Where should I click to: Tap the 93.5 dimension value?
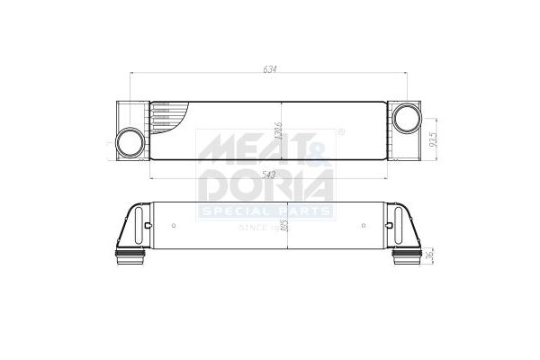[431, 139]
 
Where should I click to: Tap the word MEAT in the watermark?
[252, 149]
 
